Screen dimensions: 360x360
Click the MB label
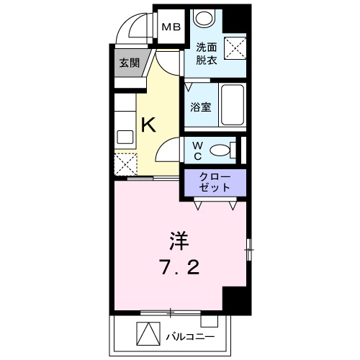coord(171,27)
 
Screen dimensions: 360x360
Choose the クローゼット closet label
coord(215,182)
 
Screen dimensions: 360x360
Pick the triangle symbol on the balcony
coord(147,336)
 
